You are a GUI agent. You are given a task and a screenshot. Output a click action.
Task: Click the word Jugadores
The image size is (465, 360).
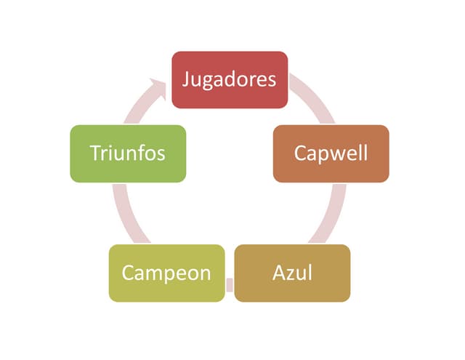(x=229, y=79)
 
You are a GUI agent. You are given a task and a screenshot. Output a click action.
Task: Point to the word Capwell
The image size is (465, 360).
(x=331, y=153)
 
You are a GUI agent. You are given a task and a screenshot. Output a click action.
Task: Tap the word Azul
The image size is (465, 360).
(x=292, y=273)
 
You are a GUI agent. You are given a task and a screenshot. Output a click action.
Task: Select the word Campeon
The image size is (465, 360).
(x=166, y=273)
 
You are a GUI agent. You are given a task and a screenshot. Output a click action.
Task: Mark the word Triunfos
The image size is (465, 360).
(x=127, y=153)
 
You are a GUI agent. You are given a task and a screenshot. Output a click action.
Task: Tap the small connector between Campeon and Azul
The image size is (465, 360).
(x=230, y=284)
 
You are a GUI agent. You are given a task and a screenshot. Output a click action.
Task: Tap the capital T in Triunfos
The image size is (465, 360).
(x=94, y=153)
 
